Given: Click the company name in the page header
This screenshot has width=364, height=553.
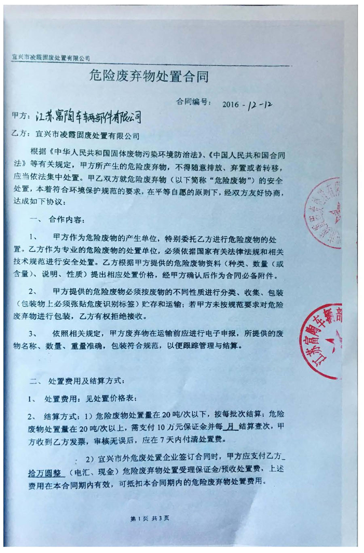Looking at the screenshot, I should tap(51, 58).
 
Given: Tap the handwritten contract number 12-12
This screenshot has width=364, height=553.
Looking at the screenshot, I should tap(259, 105).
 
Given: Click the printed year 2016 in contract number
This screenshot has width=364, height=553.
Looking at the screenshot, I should tap(231, 104).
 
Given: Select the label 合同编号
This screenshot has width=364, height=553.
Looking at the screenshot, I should tap(193, 102).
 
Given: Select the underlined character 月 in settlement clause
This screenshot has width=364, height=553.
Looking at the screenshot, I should tap(231, 427).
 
